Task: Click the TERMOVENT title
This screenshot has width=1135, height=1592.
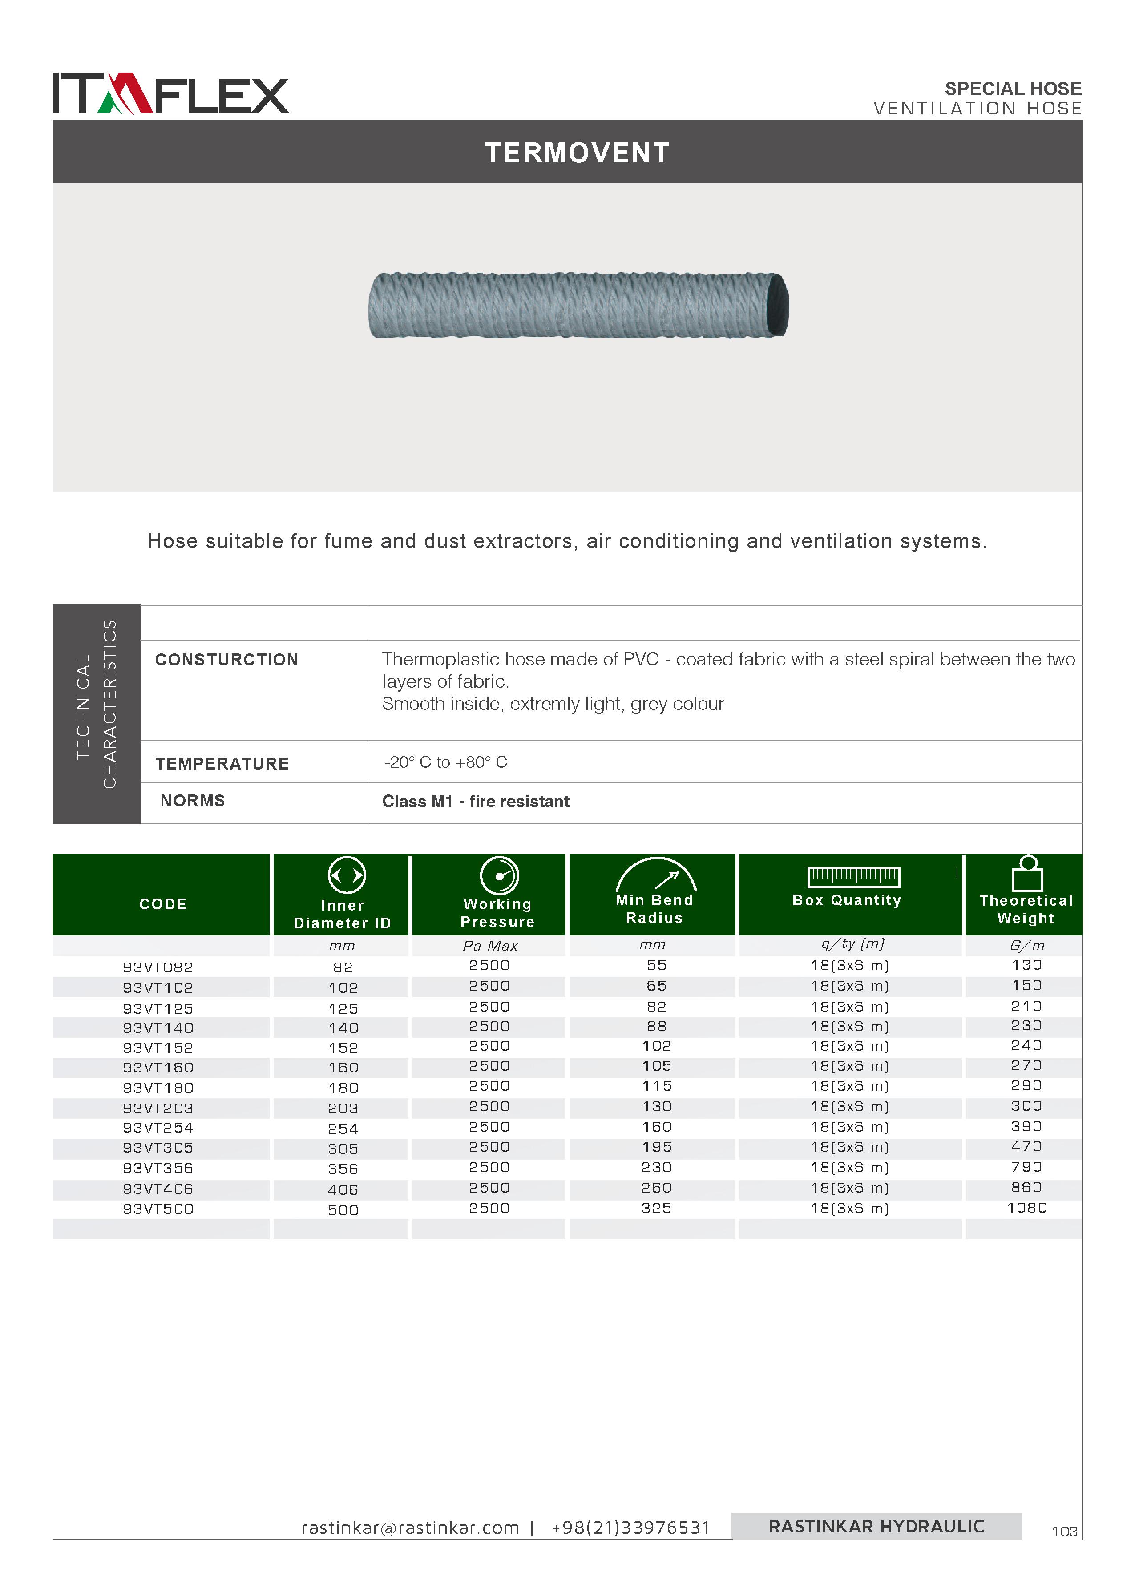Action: point(577,153)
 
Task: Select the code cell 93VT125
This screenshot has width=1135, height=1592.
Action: point(158,1008)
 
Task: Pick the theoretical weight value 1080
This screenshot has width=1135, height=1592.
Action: point(1027,1208)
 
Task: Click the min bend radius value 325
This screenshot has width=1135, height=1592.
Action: point(656,1208)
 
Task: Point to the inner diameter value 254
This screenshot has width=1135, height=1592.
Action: point(343,1129)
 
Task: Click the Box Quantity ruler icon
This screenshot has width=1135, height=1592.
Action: point(853,877)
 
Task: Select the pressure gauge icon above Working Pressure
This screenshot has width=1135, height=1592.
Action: point(499,875)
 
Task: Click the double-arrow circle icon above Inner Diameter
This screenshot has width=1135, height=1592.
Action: point(347,875)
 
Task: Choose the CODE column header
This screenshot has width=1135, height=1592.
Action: point(163,904)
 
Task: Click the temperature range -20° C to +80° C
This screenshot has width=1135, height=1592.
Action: point(446,762)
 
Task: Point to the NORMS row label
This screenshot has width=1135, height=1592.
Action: point(193,801)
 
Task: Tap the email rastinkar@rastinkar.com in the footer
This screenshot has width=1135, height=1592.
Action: point(410,1528)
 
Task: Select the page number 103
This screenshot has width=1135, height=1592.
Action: point(1064,1531)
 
